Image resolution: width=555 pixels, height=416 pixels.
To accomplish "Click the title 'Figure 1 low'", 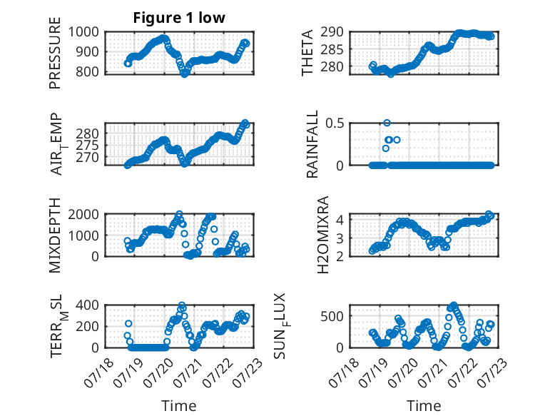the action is [x=179, y=18].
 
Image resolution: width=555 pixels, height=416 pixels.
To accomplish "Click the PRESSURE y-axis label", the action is [x=55, y=53].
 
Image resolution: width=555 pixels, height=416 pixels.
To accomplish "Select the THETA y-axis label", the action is [x=307, y=53].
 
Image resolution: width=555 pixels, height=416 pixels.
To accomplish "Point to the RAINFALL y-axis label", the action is [x=312, y=144].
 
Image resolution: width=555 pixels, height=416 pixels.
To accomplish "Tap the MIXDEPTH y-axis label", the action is [x=55, y=235].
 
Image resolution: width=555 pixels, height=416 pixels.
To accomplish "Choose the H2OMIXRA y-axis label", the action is [x=323, y=235].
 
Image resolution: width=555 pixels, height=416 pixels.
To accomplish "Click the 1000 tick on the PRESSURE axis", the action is [x=83, y=32].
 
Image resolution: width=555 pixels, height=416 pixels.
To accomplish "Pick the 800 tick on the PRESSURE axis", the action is [x=88, y=71].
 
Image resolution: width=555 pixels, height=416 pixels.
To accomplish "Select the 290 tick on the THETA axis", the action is [x=332, y=32].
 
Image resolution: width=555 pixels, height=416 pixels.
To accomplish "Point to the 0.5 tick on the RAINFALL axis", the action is [x=335, y=123].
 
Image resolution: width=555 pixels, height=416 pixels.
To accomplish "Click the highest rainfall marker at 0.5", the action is [x=387, y=123].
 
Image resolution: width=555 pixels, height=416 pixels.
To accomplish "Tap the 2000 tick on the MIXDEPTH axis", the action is [x=83, y=214].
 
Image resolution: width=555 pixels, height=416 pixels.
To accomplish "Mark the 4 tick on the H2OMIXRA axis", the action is [x=340, y=220].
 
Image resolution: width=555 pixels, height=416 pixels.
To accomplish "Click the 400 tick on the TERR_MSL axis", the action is [x=88, y=305].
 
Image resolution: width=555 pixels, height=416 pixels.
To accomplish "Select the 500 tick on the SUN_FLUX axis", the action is [x=332, y=316].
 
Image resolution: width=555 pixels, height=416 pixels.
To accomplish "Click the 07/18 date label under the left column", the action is [x=98, y=372].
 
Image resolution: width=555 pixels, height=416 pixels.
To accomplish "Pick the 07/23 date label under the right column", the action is [x=492, y=372].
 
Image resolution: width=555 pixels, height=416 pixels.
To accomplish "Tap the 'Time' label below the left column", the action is [x=179, y=405].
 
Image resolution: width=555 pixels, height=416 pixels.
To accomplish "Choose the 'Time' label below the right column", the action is [x=424, y=405].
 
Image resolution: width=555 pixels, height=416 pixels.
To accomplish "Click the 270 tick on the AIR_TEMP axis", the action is [x=88, y=157].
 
